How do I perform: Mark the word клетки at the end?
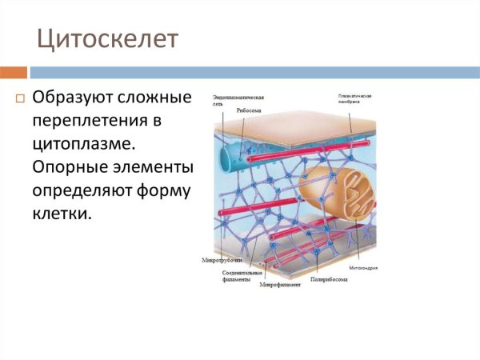(x=62, y=214)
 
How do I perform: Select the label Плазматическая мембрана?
(x=354, y=99)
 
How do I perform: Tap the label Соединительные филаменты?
(x=238, y=276)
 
